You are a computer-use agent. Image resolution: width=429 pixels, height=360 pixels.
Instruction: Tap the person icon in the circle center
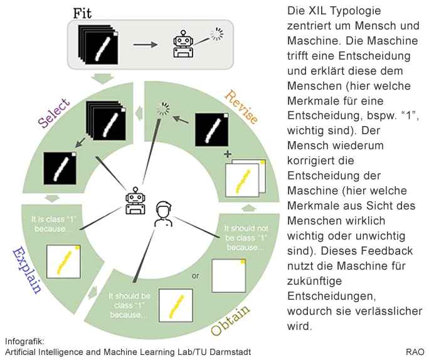click(x=163, y=213)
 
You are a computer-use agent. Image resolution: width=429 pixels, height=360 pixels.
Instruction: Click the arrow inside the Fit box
click(x=147, y=45)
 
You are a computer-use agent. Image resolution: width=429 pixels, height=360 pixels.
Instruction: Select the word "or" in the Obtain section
click(x=196, y=275)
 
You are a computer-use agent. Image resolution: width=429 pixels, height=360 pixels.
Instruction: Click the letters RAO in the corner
click(x=415, y=352)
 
